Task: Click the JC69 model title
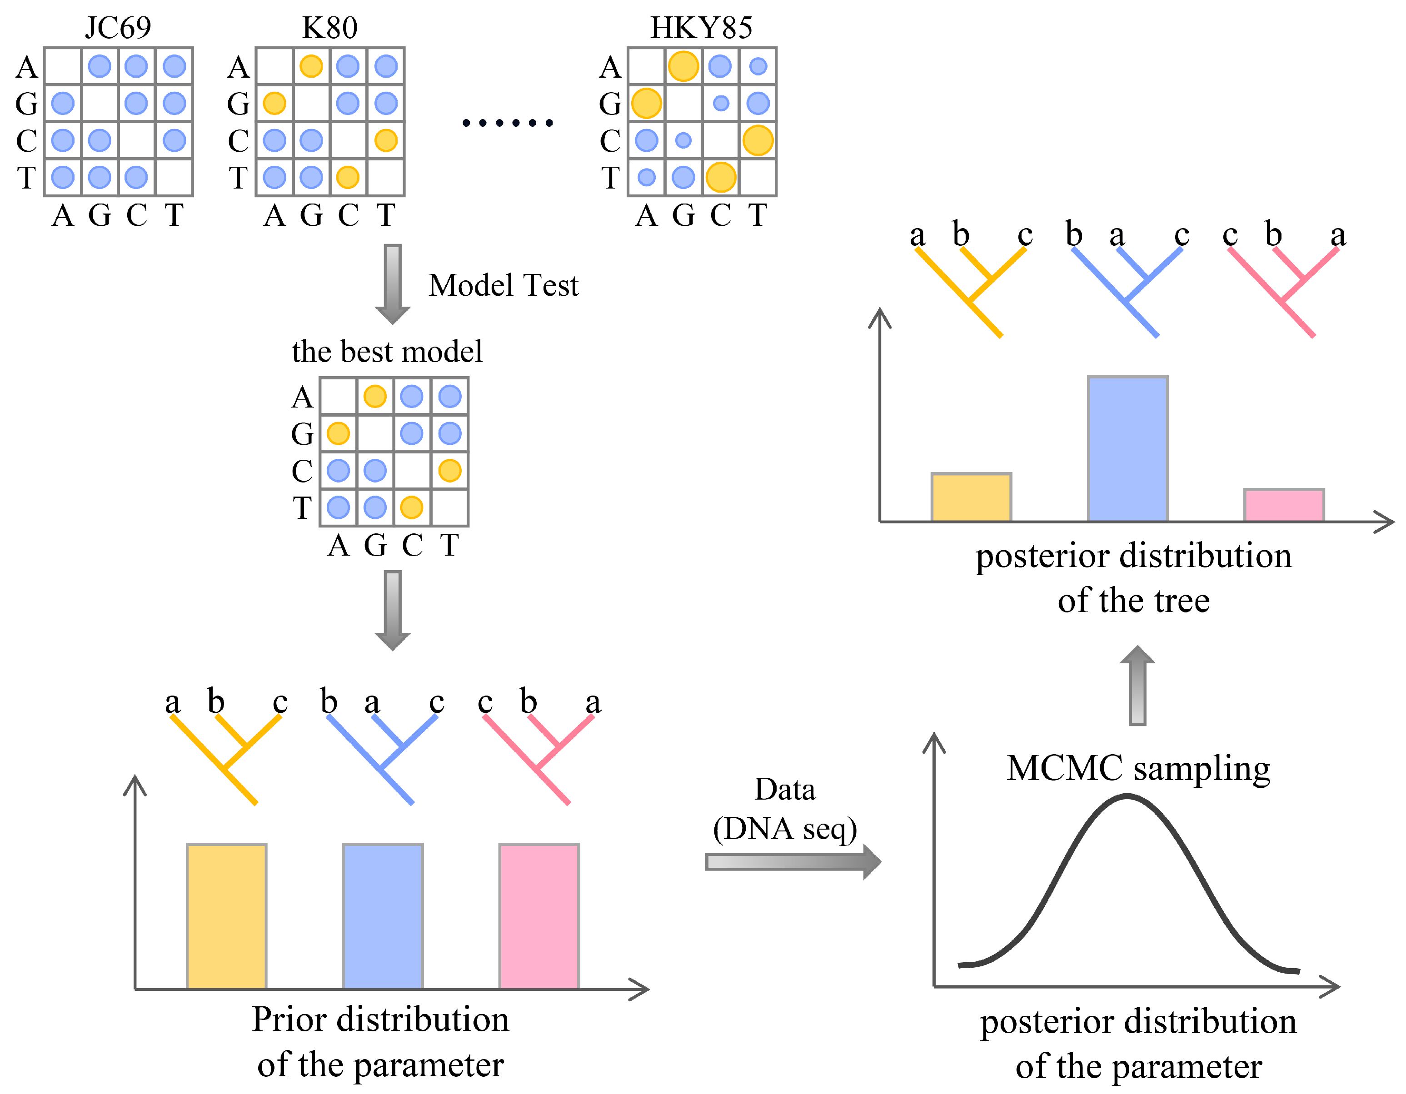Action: click(x=118, y=27)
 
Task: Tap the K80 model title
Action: click(x=329, y=27)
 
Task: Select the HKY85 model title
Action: click(x=701, y=27)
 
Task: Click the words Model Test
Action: click(x=504, y=285)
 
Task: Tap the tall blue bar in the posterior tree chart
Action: click(x=1127, y=448)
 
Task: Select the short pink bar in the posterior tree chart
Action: click(x=1284, y=505)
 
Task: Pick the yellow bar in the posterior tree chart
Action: click(x=971, y=497)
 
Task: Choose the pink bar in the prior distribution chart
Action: click(x=539, y=916)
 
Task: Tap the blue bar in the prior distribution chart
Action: click(x=383, y=916)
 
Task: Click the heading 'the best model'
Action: click(x=387, y=351)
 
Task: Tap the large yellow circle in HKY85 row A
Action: click(x=683, y=66)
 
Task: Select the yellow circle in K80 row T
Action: click(x=348, y=177)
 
